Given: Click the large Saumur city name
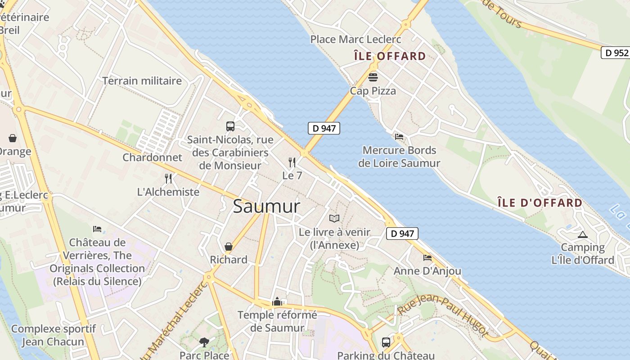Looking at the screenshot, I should [x=266, y=206].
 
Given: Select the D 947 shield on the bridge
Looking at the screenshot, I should [x=324, y=128].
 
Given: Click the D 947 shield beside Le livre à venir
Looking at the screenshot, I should [x=402, y=234].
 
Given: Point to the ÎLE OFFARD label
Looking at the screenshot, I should [x=390, y=56].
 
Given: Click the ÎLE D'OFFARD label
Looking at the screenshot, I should [x=540, y=202].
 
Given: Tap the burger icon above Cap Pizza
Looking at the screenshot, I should [x=373, y=77].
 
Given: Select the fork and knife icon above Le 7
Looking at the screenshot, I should [x=292, y=162].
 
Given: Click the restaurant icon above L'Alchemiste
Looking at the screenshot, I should [x=168, y=179].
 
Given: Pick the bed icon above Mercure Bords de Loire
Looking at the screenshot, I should [x=399, y=137].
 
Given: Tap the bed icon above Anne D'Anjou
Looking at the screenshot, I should [x=427, y=258].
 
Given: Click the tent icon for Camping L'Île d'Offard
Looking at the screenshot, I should [x=583, y=234].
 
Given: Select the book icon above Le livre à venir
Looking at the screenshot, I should [x=334, y=219].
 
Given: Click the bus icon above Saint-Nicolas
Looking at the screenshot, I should [x=230, y=126].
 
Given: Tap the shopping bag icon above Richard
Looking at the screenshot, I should [x=229, y=247].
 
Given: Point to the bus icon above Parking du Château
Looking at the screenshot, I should [x=386, y=342].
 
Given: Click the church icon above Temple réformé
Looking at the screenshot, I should [x=277, y=301].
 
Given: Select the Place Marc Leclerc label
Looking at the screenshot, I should [x=355, y=40].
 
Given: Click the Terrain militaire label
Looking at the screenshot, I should [x=142, y=81].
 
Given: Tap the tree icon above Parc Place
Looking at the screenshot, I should [x=204, y=342].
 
